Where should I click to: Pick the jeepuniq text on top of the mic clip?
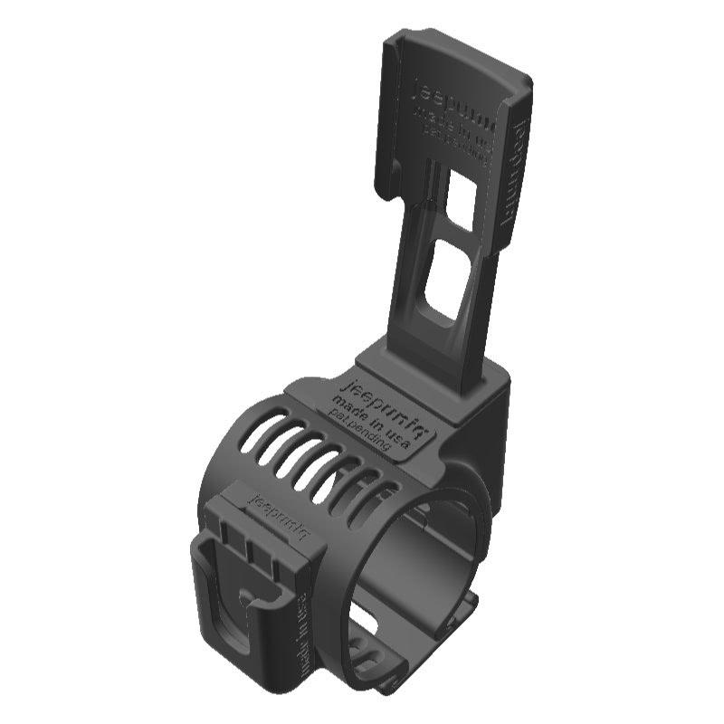click(280, 515)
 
